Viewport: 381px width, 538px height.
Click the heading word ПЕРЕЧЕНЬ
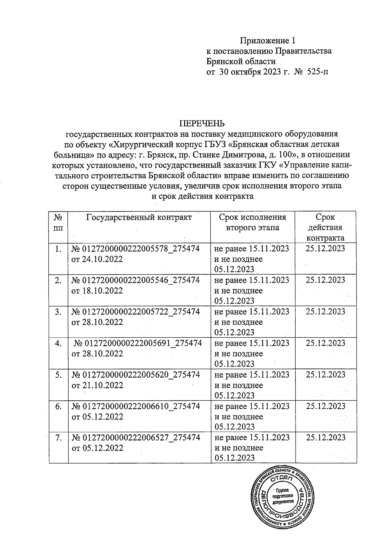point(202,124)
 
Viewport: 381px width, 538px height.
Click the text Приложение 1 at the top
point(268,41)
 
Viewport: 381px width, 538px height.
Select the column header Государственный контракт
point(139,217)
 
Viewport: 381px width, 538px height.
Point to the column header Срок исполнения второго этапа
point(252,222)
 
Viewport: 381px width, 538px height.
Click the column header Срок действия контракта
point(325,227)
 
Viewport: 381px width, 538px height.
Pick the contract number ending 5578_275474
point(136,249)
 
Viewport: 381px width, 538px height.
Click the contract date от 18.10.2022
point(97,291)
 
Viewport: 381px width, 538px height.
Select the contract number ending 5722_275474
point(136,312)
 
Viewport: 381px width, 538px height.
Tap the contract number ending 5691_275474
point(138,343)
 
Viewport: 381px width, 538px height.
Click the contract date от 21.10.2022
point(97,385)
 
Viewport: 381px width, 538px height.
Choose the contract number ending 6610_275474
point(136,406)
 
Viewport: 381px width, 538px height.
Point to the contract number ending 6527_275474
point(136,438)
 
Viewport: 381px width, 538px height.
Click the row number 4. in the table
point(58,343)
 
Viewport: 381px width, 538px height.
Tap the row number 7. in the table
point(58,438)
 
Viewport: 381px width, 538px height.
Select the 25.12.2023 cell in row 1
point(325,248)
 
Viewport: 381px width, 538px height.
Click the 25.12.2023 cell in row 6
point(325,406)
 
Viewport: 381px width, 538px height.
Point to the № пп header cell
point(58,223)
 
